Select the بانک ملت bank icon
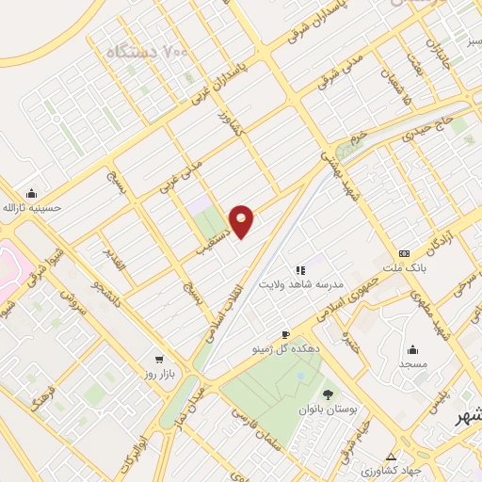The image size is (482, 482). (404, 254)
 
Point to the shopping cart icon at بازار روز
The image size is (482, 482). (159, 360)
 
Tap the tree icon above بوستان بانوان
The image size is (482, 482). (327, 394)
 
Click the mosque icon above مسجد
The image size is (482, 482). (412, 347)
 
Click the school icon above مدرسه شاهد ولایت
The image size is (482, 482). (300, 269)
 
